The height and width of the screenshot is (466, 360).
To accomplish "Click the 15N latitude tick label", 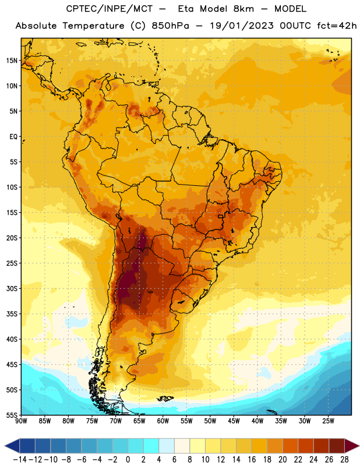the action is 12,61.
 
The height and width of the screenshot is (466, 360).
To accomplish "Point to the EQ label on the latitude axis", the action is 13,137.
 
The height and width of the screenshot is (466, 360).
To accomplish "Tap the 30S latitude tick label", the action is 12,288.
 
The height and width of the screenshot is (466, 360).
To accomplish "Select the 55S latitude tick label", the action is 12,415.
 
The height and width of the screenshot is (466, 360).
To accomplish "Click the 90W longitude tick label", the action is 21,421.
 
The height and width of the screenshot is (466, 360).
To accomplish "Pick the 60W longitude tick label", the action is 163,421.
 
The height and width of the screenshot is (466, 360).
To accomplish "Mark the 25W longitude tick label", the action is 328,421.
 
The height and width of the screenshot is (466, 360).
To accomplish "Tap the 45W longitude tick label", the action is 234,421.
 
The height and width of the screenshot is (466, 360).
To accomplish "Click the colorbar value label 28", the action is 344,460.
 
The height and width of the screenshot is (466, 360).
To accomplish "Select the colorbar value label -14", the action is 20,460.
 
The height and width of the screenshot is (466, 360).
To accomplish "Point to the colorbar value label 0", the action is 128,460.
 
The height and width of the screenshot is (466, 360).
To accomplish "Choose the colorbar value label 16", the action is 252,460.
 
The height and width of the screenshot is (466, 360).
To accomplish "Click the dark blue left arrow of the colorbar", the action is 12,446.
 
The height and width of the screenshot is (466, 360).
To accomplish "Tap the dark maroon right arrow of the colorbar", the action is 352,446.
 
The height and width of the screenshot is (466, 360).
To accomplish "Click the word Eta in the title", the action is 186,9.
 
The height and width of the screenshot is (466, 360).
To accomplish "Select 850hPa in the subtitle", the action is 170,26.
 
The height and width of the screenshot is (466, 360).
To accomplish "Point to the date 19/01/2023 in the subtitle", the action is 242,26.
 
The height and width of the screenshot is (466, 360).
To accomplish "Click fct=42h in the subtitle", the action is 337,26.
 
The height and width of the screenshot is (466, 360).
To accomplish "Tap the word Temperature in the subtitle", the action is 93,26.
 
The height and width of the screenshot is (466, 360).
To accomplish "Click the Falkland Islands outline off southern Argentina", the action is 165,398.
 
